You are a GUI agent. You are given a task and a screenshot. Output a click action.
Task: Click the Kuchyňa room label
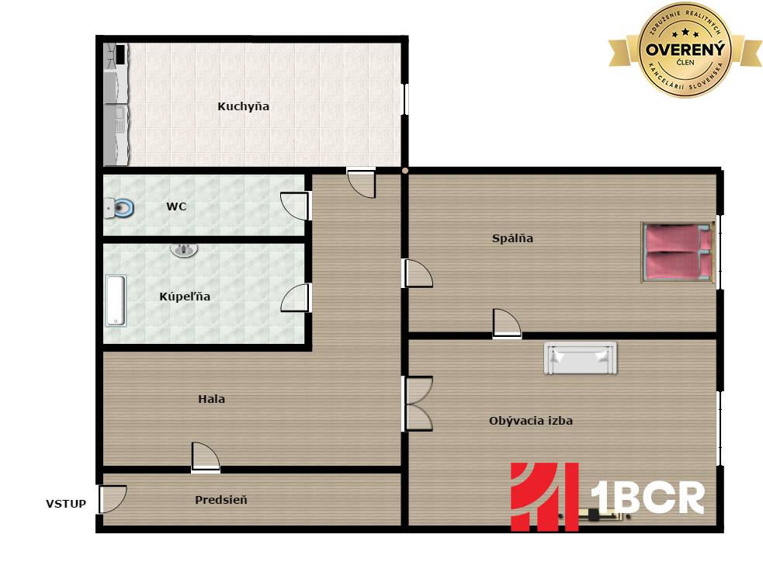(243, 106)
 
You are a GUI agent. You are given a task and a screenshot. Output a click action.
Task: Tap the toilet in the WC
(120, 208)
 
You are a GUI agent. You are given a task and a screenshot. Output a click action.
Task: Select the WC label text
(176, 206)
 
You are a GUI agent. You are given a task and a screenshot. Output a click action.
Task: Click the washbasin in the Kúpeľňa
(184, 250)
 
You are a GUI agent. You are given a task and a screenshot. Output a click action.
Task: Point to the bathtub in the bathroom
(116, 301)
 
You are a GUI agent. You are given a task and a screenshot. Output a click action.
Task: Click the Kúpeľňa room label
(185, 297)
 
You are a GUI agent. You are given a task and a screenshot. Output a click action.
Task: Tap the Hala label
(212, 399)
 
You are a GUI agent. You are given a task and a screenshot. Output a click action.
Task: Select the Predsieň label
(221, 500)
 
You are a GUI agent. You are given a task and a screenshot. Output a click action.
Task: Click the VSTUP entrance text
(66, 504)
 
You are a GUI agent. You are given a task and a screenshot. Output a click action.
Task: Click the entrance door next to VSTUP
(113, 499)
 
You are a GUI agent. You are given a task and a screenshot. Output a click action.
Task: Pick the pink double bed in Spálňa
(678, 252)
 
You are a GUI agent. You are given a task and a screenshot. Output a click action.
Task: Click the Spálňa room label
(512, 238)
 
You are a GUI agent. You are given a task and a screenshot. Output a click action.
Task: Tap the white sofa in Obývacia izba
(580, 358)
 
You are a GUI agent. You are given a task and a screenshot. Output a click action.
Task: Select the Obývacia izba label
(531, 421)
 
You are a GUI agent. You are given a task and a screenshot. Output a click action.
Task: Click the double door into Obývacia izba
(418, 404)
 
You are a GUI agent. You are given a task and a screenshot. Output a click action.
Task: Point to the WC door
(295, 206)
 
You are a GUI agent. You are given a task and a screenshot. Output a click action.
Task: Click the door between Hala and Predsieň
(206, 457)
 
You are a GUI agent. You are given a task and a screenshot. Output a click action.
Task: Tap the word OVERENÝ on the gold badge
(685, 49)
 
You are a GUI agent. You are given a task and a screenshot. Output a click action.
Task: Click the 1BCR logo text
(647, 498)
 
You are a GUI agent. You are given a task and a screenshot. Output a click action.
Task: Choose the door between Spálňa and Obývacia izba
(507, 323)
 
